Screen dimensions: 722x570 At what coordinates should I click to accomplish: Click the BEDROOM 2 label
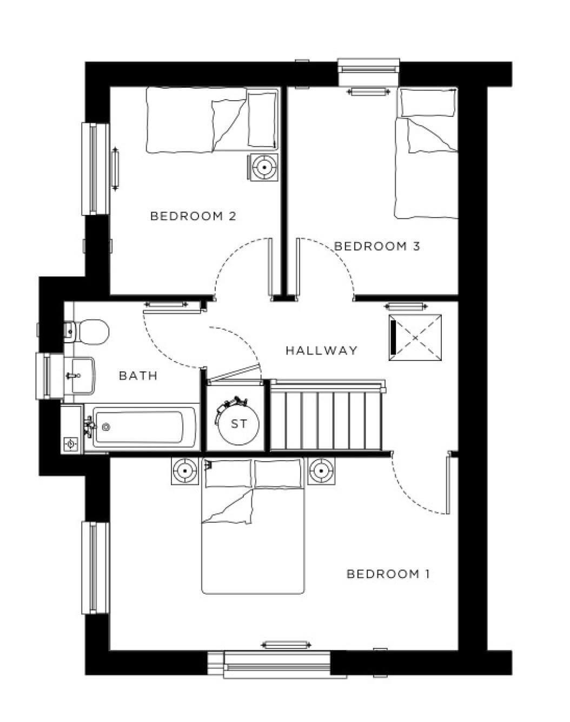coord(193,216)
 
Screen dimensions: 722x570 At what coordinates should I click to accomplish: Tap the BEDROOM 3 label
coord(377,246)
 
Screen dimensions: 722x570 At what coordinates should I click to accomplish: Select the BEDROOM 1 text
coord(388,574)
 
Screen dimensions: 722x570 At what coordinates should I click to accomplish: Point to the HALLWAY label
coord(321,350)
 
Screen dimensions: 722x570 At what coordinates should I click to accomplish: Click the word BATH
coord(138,376)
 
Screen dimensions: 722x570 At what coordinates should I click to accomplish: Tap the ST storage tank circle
coord(238,424)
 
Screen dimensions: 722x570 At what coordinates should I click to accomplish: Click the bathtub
coord(143,429)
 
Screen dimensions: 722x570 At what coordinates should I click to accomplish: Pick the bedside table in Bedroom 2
coord(264,167)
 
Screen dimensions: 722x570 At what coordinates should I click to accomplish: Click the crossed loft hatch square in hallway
coord(415,338)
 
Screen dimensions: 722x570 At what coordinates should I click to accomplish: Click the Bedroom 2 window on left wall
coord(96,169)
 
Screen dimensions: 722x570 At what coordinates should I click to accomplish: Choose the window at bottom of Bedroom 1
coord(277,664)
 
